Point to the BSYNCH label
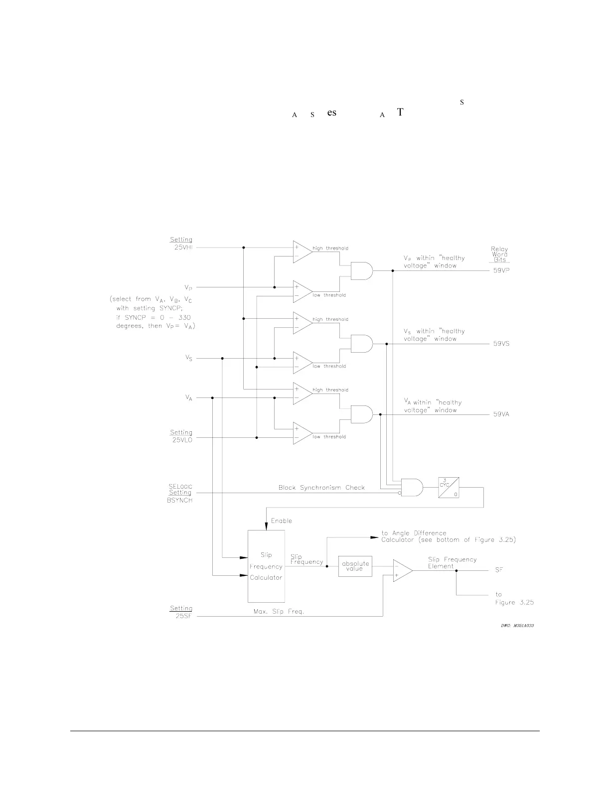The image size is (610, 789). (x=179, y=500)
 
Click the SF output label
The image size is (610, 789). (x=499, y=570)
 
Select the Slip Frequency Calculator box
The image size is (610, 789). (x=267, y=566)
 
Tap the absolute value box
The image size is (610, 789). (x=355, y=566)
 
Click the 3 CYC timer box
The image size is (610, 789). (x=449, y=488)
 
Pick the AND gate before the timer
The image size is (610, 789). (x=412, y=488)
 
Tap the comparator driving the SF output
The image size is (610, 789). (x=402, y=570)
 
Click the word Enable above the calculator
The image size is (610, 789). (x=282, y=521)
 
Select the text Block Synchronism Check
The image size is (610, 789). (x=321, y=488)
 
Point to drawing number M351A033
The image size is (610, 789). (x=517, y=626)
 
